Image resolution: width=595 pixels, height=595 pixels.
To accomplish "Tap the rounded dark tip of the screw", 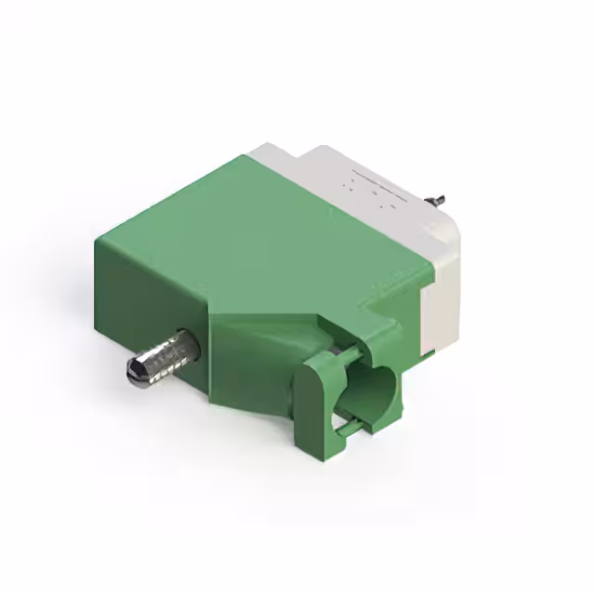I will click(133, 375).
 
